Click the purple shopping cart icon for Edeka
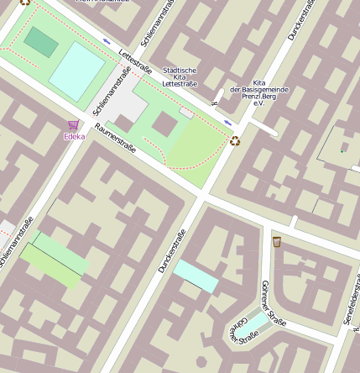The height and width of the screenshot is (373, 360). pyautogui.click(x=73, y=125)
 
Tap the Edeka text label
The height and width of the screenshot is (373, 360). pyautogui.click(x=74, y=136)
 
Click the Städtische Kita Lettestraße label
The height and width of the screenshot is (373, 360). pyautogui.click(x=180, y=77)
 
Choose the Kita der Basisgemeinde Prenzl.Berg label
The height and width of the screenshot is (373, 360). pyautogui.click(x=259, y=90)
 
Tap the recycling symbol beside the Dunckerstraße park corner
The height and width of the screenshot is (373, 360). pyautogui.click(x=234, y=141)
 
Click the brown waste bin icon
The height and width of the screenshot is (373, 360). pyautogui.click(x=277, y=242)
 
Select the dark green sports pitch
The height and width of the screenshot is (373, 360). pyautogui.click(x=39, y=41)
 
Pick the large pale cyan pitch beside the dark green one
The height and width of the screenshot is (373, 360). pyautogui.click(x=77, y=71)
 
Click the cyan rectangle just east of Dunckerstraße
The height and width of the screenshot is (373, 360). pyautogui.click(x=196, y=276)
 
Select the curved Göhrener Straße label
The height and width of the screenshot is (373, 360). pyautogui.click(x=243, y=332)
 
